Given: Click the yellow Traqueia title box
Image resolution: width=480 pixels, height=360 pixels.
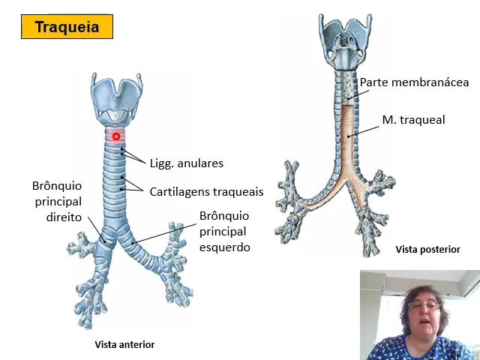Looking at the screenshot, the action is coord(67,28).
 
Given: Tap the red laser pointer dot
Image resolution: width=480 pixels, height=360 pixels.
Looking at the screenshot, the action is coord(116,136).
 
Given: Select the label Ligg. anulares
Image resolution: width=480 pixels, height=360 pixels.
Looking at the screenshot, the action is coord(187,163).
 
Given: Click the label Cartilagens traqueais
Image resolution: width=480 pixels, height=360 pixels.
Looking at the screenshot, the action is coord(206,191).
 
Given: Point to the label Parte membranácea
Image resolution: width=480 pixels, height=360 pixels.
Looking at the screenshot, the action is coord(414,82).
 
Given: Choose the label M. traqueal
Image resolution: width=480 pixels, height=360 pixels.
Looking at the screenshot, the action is coord(413,119).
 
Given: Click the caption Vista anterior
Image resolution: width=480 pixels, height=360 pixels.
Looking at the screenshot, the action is coord(124,344).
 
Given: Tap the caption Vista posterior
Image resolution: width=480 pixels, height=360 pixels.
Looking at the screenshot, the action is coord(427,249).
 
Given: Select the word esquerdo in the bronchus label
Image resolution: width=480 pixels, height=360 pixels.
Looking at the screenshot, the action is coord(225,247).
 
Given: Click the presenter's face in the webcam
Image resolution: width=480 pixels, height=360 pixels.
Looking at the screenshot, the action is coord(421,311).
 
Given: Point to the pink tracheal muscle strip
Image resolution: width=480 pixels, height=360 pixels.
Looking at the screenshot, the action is coord(347,139).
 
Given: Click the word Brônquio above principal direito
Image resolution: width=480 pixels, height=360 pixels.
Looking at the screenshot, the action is coord(57,185).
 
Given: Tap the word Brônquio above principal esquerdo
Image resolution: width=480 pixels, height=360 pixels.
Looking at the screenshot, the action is coord(224,216).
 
